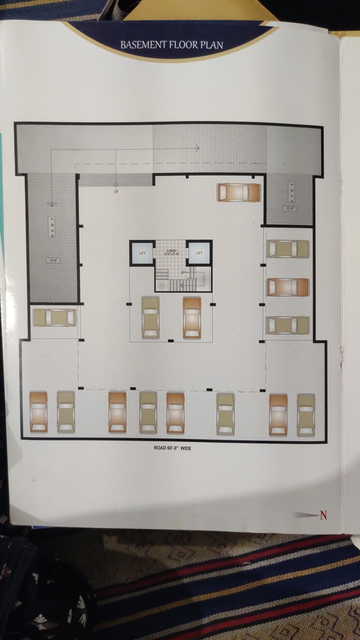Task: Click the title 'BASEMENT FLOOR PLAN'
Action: coord(172,45)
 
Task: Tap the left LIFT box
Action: coord(142,253)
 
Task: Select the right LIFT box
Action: coord(199,253)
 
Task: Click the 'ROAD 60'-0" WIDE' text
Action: coord(173,448)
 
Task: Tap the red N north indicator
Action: coord(323,515)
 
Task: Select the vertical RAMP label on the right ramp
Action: coord(291,190)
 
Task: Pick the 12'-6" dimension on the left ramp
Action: coord(53,261)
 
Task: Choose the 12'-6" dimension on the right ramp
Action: coord(290,209)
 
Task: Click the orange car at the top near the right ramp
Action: coord(239,192)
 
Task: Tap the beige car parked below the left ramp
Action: coord(55,318)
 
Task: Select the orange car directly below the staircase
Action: coord(192,318)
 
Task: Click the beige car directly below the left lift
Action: coord(151,318)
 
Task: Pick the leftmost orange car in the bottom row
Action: coord(38,412)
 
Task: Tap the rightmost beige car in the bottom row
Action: coord(306,414)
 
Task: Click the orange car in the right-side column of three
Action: coord(288,287)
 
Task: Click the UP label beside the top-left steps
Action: coord(116,191)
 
